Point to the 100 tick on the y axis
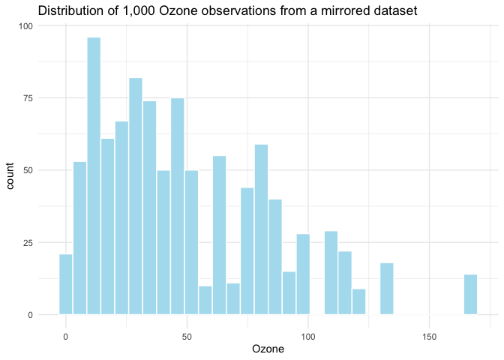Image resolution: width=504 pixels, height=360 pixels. pos(27,26)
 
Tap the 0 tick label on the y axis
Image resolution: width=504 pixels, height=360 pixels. pos(31,315)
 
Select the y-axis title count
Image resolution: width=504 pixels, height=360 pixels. pos(13,170)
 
